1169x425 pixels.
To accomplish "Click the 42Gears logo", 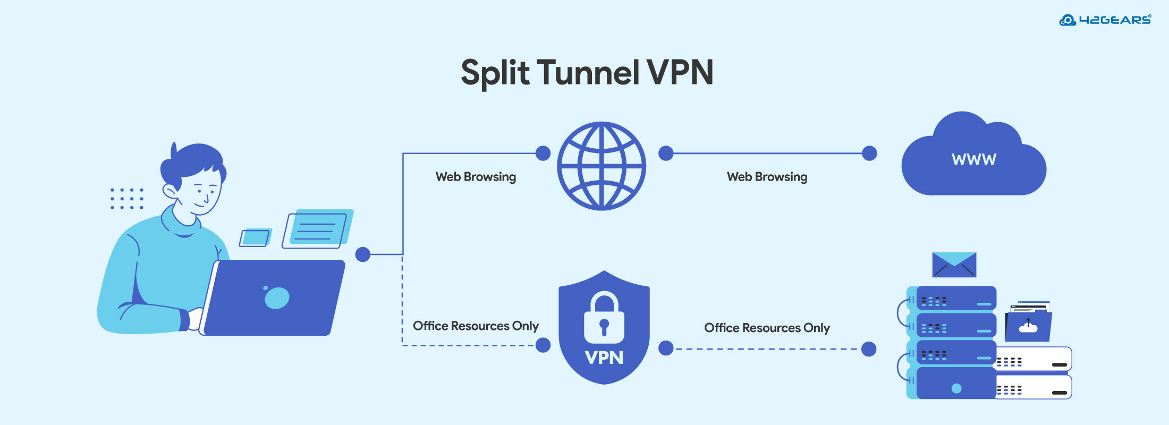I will coord(1105,20).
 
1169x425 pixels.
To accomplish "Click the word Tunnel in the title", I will coord(588,72).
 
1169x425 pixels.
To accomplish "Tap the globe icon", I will coord(602,166).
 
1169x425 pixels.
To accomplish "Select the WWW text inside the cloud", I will coord(973,159).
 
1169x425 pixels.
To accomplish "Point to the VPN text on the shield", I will coord(604,358).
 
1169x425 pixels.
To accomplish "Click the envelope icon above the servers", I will coord(954,265).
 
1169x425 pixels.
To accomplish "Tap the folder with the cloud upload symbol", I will coord(1028,326).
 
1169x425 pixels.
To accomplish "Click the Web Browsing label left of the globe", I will coord(476,177).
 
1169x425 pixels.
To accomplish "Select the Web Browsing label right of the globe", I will coord(767,177).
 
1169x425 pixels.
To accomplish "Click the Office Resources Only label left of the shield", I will coord(476,326).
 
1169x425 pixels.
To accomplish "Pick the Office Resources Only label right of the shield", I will coord(767,328).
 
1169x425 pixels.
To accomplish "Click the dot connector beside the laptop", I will coord(363,254).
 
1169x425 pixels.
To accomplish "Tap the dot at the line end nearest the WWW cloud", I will coord(869,154).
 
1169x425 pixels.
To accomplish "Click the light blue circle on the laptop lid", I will coord(277,298).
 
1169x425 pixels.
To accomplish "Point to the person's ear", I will coord(170,191).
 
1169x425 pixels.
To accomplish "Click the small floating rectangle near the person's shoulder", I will coord(255,237).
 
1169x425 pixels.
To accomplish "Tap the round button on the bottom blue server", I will coord(956,388).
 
